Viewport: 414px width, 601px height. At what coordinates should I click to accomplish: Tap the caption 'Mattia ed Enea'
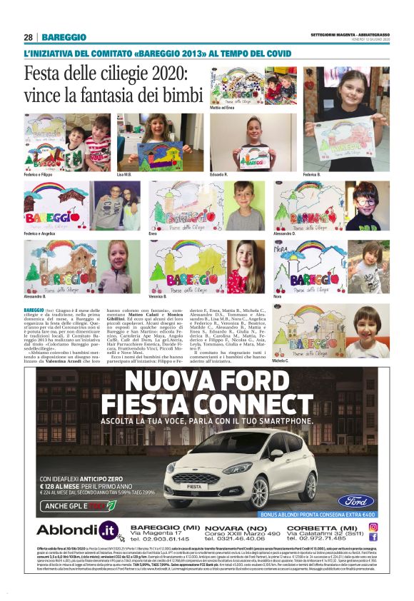[x=222, y=108]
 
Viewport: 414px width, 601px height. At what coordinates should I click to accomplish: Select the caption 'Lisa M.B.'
[x=124, y=173]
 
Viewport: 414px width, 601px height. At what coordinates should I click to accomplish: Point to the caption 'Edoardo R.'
[x=219, y=173]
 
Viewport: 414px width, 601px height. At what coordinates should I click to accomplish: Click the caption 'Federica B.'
[x=313, y=173]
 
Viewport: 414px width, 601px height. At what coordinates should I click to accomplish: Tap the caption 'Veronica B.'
[x=158, y=295]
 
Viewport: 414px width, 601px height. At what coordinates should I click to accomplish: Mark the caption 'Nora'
[x=278, y=295]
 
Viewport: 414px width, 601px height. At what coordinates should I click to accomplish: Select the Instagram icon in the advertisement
[x=373, y=526]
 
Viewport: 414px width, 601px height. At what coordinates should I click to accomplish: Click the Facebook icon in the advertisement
[x=373, y=537]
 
